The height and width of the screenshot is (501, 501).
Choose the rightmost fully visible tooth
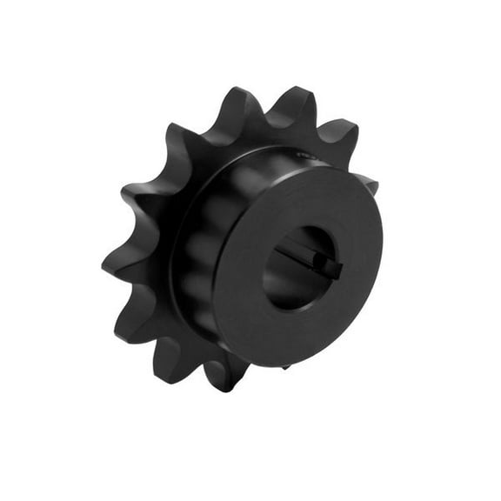point(344,135)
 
